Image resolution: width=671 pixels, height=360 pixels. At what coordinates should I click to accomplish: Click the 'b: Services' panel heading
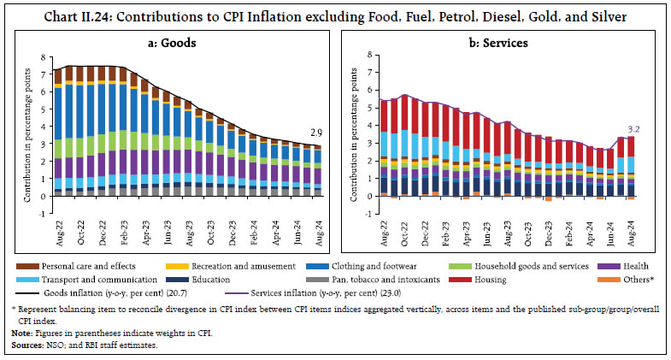coord(504,40)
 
